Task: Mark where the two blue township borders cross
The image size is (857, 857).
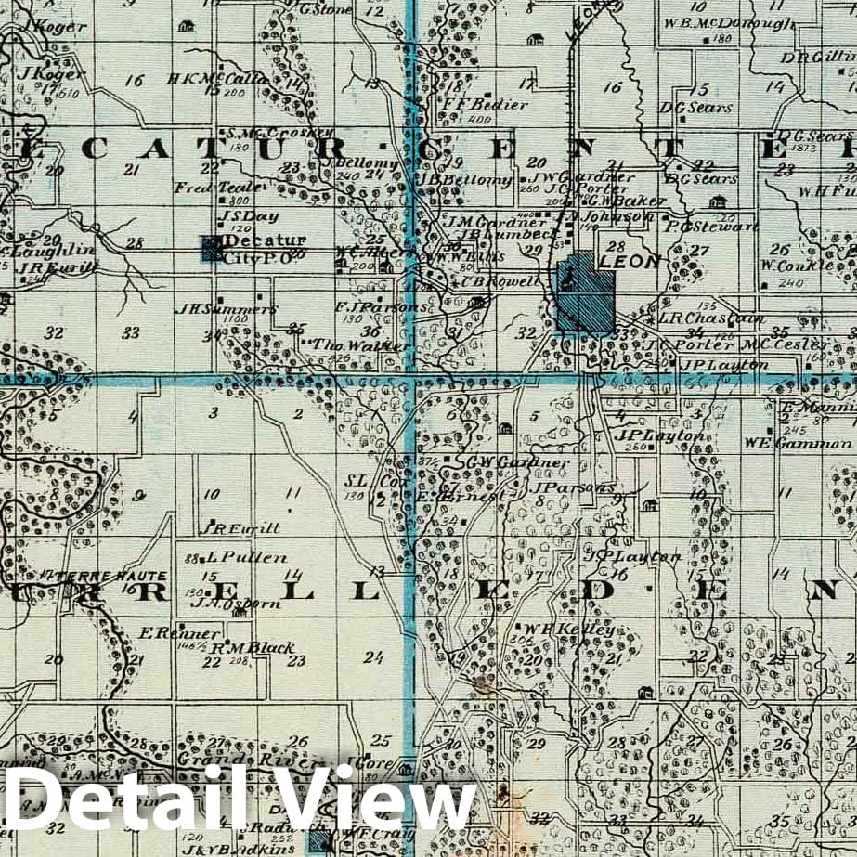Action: [409, 378]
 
